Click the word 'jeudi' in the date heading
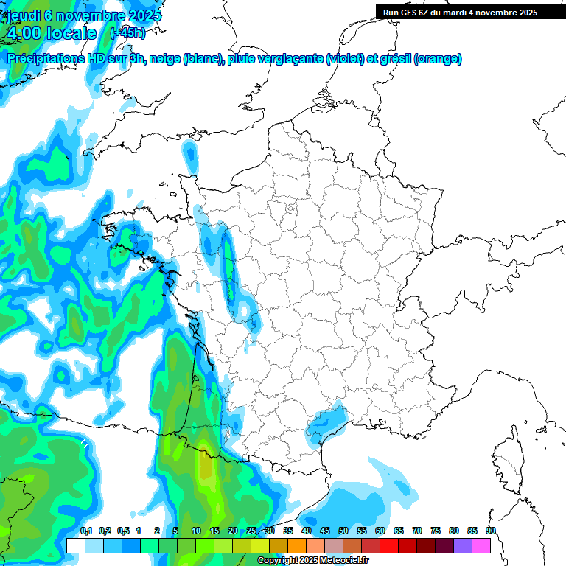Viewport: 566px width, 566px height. click(x=23, y=15)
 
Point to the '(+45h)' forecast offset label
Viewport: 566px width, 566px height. click(x=127, y=33)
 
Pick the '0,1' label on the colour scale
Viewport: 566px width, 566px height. click(x=85, y=531)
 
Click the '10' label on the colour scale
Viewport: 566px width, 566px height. click(x=196, y=531)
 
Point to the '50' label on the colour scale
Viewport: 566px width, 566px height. click(x=343, y=531)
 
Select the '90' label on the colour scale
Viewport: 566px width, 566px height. click(x=491, y=531)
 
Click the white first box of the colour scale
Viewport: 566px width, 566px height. click(x=75, y=545)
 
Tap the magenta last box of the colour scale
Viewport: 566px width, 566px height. click(x=481, y=545)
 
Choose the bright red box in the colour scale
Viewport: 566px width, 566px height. click(x=389, y=545)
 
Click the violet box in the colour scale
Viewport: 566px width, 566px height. click(x=463, y=545)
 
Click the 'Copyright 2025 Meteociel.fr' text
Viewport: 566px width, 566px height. click(x=313, y=561)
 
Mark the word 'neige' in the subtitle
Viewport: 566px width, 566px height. click(x=164, y=59)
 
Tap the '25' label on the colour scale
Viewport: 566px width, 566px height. click(x=251, y=531)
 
